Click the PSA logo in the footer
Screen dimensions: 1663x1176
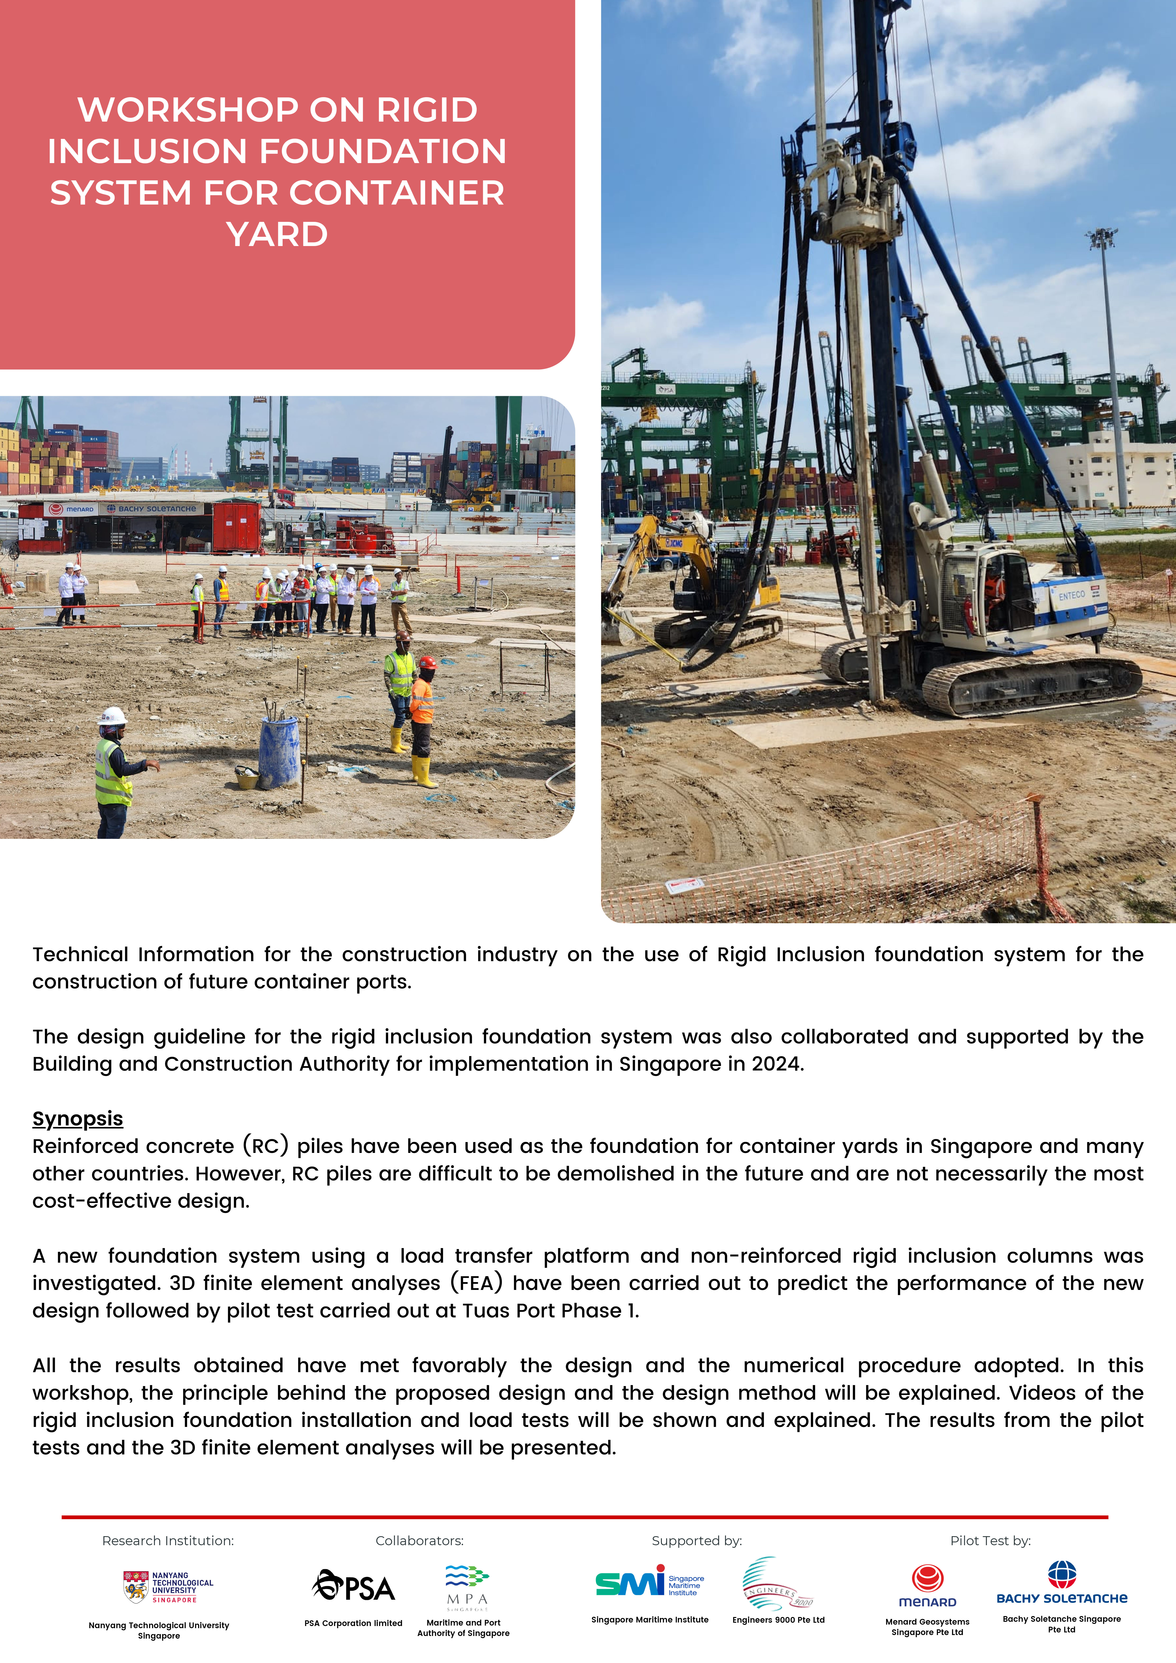pyautogui.click(x=354, y=1586)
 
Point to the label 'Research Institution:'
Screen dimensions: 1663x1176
pyautogui.click(x=168, y=1541)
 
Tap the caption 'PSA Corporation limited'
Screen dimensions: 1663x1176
pyautogui.click(x=354, y=1623)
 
